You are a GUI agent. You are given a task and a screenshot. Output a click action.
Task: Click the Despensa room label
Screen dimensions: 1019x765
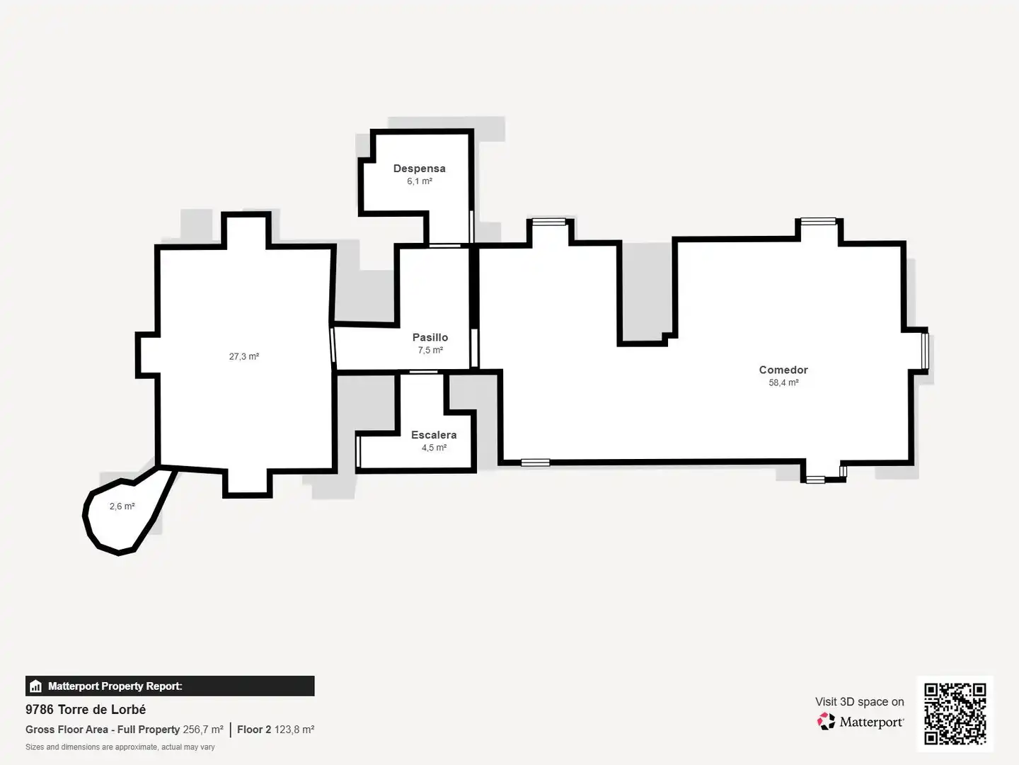419,169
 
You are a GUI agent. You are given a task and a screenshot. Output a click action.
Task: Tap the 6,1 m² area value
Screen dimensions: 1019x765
420,181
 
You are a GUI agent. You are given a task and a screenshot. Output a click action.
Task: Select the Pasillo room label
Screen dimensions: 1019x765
430,337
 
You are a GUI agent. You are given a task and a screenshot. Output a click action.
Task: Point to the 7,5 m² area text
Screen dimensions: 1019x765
430,350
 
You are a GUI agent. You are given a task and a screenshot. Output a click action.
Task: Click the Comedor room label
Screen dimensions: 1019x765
783,370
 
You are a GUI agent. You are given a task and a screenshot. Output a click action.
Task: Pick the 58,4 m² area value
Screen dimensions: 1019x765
783,382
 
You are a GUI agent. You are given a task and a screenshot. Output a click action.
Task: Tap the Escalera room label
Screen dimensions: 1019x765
434,435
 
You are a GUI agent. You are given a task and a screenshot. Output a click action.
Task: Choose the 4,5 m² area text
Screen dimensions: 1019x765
434,447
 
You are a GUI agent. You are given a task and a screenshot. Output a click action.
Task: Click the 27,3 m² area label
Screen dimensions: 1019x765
243,356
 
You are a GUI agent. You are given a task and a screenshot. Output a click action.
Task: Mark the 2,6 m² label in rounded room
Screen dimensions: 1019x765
122,506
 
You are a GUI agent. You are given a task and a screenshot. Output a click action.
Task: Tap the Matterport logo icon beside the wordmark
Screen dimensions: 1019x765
826,721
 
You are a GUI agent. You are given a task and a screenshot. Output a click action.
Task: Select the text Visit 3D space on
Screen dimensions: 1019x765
859,702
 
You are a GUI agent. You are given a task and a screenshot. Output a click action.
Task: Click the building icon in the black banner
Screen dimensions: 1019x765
36,686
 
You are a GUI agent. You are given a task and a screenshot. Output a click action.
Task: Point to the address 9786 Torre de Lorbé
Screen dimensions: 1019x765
86,709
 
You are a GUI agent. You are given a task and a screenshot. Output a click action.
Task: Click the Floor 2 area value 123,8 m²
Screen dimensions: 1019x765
294,730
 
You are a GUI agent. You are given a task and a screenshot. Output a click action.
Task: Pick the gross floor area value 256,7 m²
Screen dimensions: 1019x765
203,730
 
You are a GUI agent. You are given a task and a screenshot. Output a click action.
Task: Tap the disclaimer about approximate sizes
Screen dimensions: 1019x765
120,747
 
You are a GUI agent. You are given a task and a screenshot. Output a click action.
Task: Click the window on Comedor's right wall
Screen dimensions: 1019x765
925,351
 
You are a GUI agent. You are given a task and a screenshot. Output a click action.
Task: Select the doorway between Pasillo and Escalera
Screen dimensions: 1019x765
423,372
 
